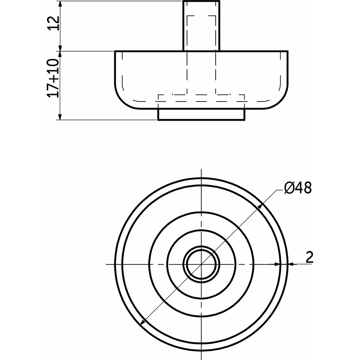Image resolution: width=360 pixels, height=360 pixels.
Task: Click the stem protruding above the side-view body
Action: click(201, 26)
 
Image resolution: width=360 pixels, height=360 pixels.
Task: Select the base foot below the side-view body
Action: click(201, 114)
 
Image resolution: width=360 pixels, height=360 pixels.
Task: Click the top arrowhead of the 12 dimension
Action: click(60, 4)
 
